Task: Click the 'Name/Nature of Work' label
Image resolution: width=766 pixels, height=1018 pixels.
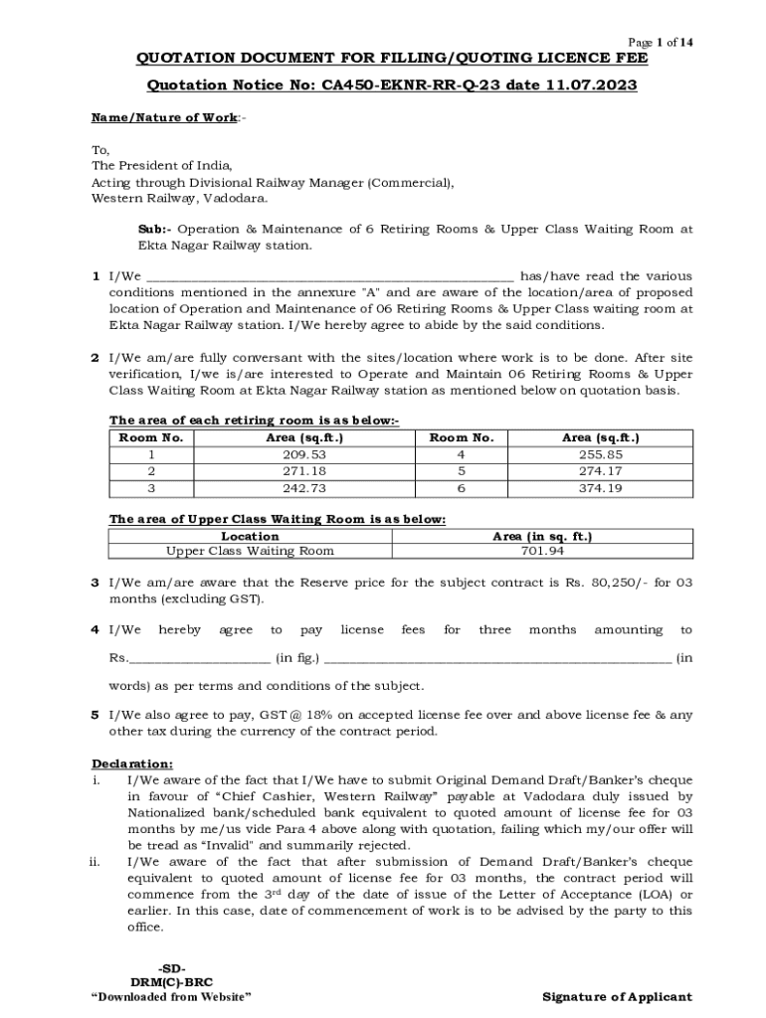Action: pos(164,118)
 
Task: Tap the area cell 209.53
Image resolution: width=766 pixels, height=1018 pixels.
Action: pos(304,453)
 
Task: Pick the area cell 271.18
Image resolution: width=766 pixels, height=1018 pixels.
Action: pos(304,470)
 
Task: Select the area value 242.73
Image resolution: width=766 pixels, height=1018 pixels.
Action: pos(304,488)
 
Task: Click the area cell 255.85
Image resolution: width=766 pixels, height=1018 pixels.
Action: pos(600,453)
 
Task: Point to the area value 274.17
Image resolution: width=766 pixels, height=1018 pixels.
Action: pos(600,470)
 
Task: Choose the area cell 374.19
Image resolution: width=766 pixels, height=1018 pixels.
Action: pos(600,488)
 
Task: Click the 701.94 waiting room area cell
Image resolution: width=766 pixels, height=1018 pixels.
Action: pos(542,551)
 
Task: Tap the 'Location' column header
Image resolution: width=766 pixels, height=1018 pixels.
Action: pos(250,536)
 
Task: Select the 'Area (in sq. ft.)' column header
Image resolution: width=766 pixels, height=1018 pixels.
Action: pos(542,536)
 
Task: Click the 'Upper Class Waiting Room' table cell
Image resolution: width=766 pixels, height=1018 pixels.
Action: pos(250,551)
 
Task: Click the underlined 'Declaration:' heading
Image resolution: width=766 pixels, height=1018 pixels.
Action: pos(132,763)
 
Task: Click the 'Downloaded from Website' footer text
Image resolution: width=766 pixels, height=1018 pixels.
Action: pos(171,997)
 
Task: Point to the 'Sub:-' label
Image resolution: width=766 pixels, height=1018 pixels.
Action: pos(154,229)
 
